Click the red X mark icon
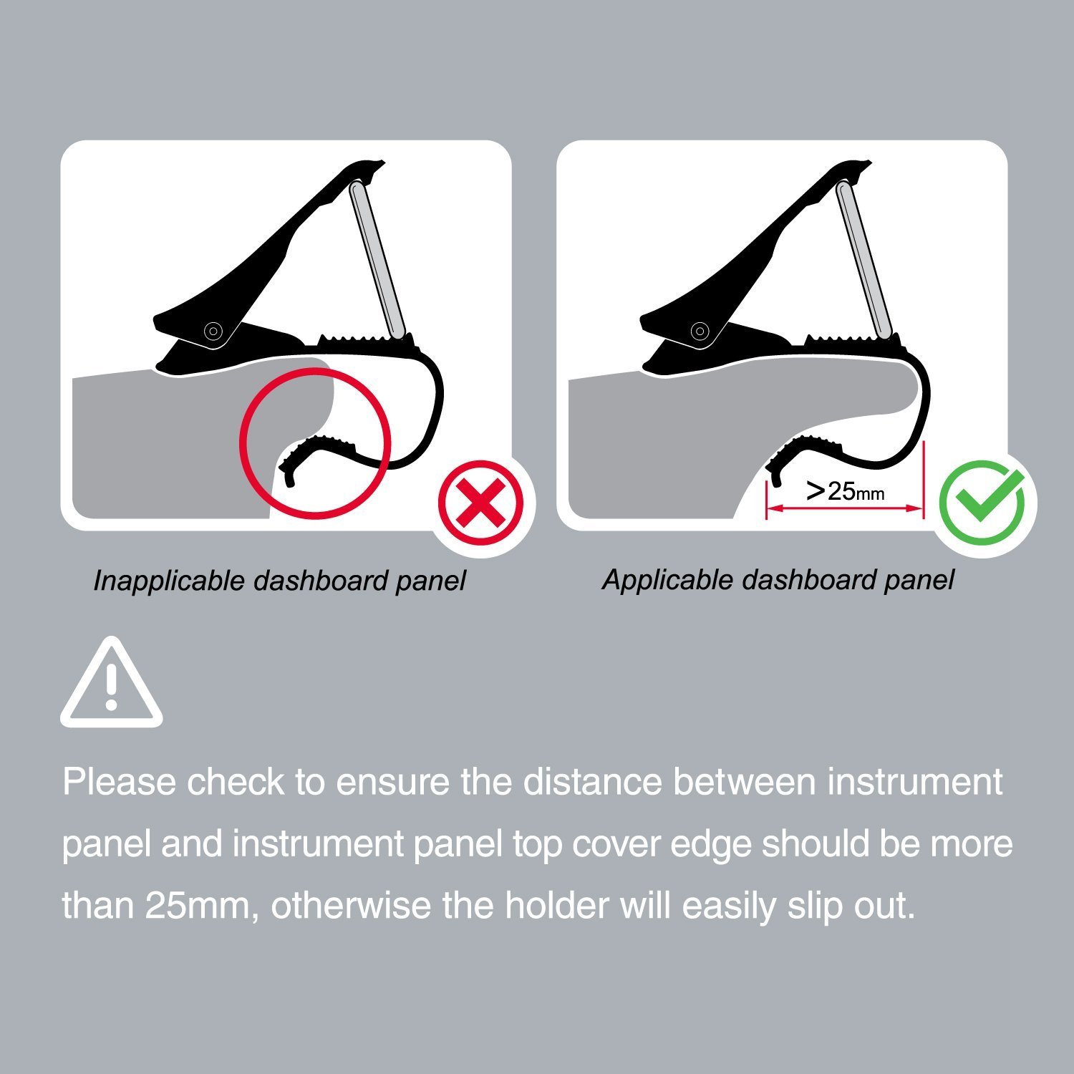[x=481, y=502]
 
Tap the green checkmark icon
[x=982, y=502]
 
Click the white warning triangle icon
[x=111, y=682]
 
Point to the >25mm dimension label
[x=845, y=491]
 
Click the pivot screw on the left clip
[x=213, y=331]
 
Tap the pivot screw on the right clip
[x=700, y=331]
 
